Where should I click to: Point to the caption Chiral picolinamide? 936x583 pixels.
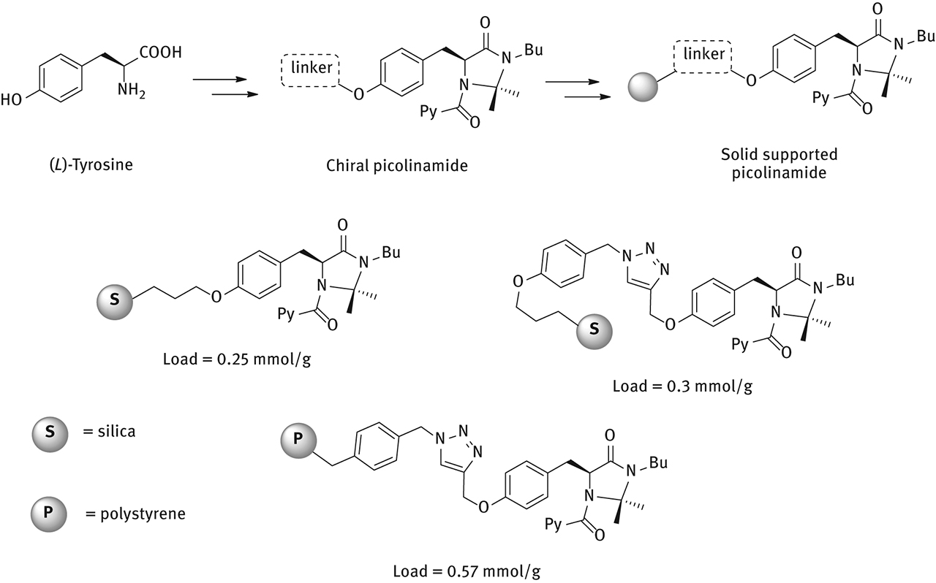coord(397,166)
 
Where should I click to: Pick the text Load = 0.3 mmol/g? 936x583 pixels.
coord(682,385)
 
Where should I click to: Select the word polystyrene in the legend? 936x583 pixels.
coord(143,514)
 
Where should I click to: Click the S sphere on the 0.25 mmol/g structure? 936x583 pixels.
coord(114,299)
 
